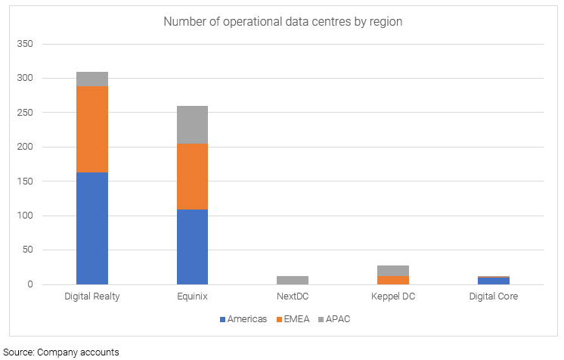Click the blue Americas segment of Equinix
pos(192,247)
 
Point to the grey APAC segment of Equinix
pos(192,125)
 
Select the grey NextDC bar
pos(293,280)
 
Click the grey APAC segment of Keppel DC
pos(393,271)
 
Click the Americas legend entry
pos(243,318)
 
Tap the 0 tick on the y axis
pos(30,284)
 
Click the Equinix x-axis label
pos(192,296)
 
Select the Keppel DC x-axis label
pos(393,296)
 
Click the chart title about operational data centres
pos(283,22)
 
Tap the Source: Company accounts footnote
pos(61,352)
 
